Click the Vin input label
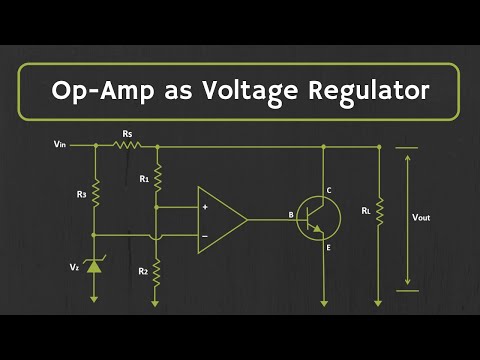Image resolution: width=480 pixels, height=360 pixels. (61, 144)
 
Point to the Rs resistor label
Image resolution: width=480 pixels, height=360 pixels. (127, 132)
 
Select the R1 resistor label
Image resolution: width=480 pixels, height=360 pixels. (144, 180)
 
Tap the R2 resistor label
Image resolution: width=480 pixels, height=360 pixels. (144, 271)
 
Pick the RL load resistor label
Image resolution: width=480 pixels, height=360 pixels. (366, 211)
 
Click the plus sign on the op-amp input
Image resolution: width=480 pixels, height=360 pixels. (205, 207)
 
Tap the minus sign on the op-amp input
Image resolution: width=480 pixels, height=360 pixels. (205, 236)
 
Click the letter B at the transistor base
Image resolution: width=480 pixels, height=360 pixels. (291, 213)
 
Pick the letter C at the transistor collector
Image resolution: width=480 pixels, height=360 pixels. (329, 190)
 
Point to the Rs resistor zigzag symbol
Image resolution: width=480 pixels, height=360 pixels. (127, 144)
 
